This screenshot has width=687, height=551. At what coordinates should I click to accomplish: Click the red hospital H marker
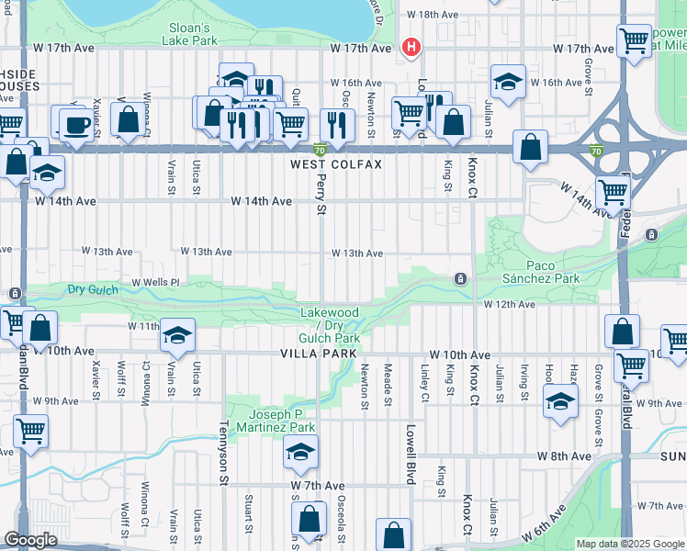pyautogui.click(x=411, y=48)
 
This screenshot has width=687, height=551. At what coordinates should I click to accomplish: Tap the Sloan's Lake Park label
pyautogui.click(x=188, y=35)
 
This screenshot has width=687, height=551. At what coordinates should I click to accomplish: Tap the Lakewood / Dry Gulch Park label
pyautogui.click(x=330, y=326)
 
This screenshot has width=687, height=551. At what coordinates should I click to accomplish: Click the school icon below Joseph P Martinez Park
pyautogui.click(x=299, y=453)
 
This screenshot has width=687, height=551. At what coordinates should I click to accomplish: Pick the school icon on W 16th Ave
pyautogui.click(x=506, y=82)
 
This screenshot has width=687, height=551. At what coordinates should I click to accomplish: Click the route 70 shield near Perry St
pyautogui.click(x=319, y=150)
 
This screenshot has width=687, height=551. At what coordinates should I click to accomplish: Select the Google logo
pyautogui.click(x=31, y=540)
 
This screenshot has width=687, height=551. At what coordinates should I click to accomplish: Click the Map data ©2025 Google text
pyautogui.click(x=629, y=544)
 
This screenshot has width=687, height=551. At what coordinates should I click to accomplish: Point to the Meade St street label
pyautogui.click(x=388, y=384)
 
